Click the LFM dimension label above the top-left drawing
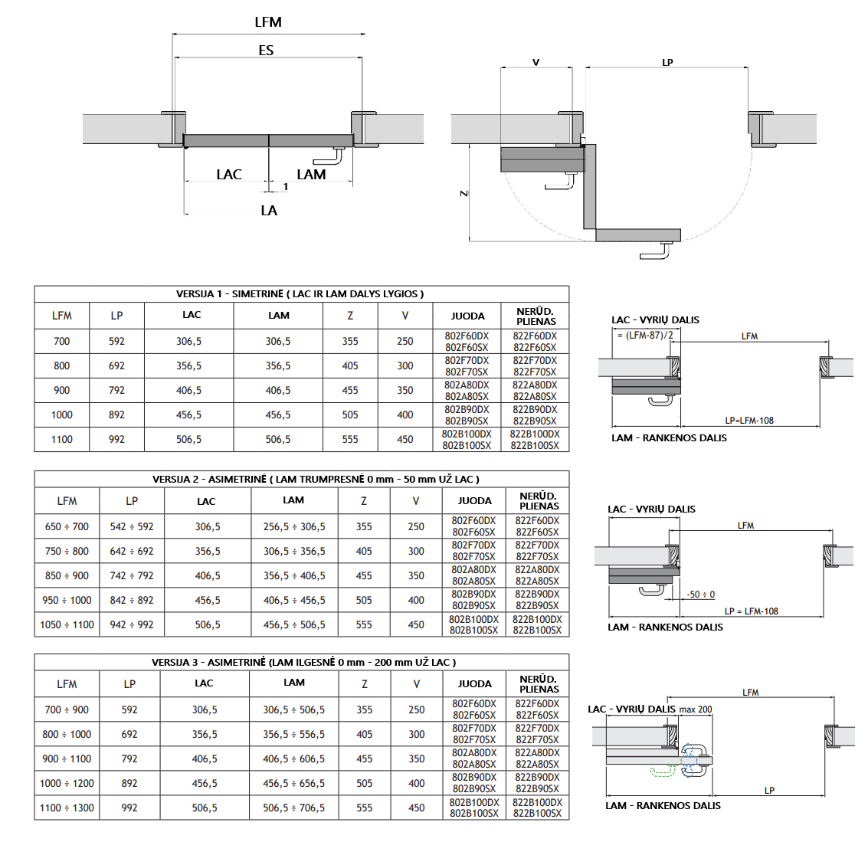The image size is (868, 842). (x=268, y=22)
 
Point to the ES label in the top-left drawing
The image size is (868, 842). (x=266, y=51)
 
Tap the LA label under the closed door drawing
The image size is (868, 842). (x=269, y=211)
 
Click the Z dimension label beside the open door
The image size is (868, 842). (x=464, y=194)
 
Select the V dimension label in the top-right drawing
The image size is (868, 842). (x=536, y=63)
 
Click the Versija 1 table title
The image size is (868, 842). (x=300, y=294)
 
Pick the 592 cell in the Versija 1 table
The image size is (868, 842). (x=116, y=342)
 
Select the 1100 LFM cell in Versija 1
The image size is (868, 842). (x=62, y=440)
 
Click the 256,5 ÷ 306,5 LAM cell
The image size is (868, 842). (x=294, y=526)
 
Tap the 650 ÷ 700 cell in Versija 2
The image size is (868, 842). (x=67, y=526)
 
